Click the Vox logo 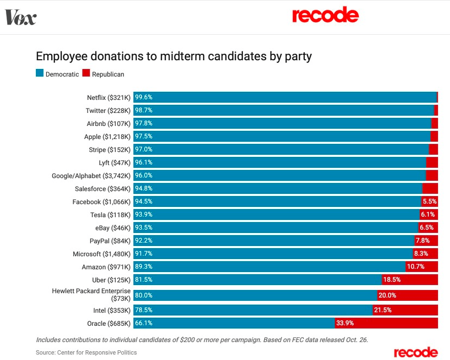click(21, 17)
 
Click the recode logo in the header click(325, 15)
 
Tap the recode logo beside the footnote click(416, 352)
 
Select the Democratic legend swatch click(40, 74)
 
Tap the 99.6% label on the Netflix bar click(144, 98)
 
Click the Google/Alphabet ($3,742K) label click(91, 176)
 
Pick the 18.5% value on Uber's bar click(392, 280)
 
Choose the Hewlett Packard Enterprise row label click(91, 295)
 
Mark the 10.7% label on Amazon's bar click(416, 267)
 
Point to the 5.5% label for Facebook click(429, 202)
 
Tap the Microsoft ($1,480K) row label click(102, 254)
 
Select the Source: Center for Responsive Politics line click(86, 352)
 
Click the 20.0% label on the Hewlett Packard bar click(387, 295)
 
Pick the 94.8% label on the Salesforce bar click(144, 189)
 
